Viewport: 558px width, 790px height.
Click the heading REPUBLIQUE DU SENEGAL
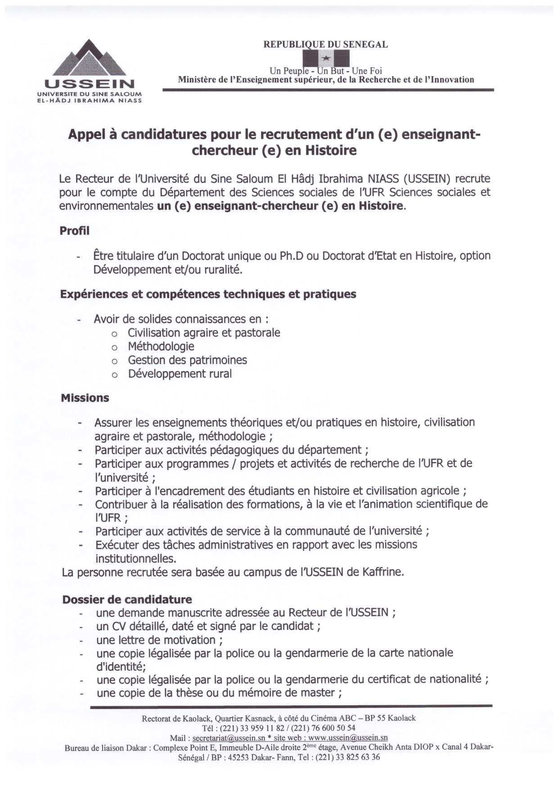pos(325,45)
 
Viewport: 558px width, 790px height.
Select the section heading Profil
pos(75,231)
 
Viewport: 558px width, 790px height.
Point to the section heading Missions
pos(85,398)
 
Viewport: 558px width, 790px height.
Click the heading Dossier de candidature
pos(127,600)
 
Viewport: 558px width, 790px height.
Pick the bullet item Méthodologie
pos(161,347)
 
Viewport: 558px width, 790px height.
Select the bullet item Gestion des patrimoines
pos(187,360)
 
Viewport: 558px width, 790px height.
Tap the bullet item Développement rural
pos(180,374)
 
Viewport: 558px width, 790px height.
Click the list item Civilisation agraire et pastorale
pos(204,333)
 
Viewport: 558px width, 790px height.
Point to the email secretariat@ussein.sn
pos(229,738)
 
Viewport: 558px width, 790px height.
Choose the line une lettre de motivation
pos(159,640)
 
